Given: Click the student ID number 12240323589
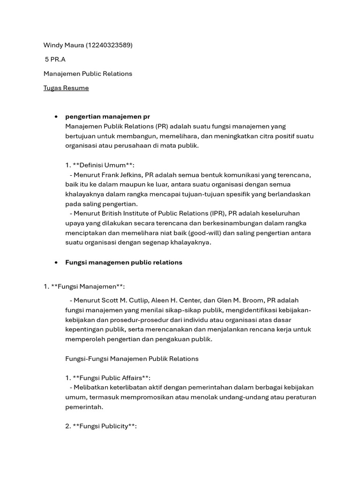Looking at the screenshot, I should point(109,45).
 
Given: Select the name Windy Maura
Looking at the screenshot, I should point(63,45).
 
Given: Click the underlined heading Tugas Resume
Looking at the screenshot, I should point(66,88).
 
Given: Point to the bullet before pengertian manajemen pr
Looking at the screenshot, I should point(56,117).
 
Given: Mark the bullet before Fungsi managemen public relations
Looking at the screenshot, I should point(56,262).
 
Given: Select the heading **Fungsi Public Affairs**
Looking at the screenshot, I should point(112,378).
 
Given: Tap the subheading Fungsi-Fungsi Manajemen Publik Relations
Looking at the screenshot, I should point(132,359).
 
